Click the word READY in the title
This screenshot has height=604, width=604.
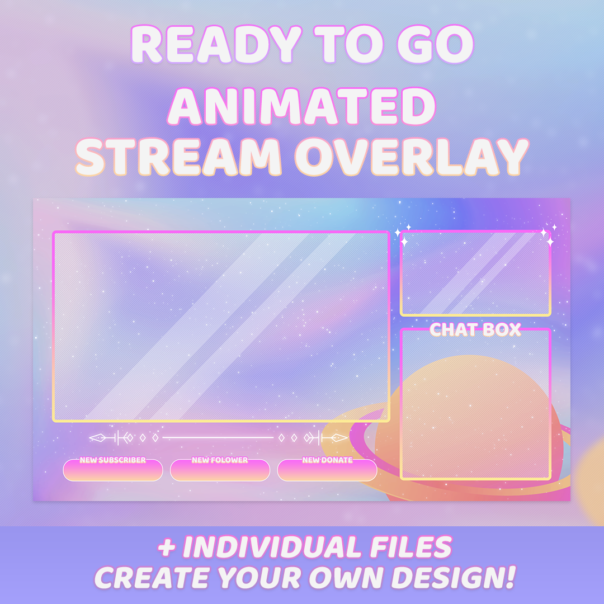pos(216,44)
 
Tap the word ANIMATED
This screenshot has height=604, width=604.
pos(301,106)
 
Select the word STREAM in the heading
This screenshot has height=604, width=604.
pos(178,157)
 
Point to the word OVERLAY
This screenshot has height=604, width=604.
pos(412,157)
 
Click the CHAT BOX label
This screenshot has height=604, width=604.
pos(475,330)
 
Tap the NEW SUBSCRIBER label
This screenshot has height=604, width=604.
pos(113,460)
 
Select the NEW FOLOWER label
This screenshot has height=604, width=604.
pos(220,460)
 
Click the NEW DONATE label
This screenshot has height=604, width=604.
pos(327,460)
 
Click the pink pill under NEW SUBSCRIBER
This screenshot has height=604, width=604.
pos(113,471)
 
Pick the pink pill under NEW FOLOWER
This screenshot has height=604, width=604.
pos(220,471)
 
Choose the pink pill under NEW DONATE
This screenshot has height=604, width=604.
pos(327,471)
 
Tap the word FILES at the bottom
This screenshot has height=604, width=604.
pos(410,546)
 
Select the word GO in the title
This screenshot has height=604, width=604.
pos(436,44)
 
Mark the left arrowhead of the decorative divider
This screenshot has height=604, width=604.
pos(97,438)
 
